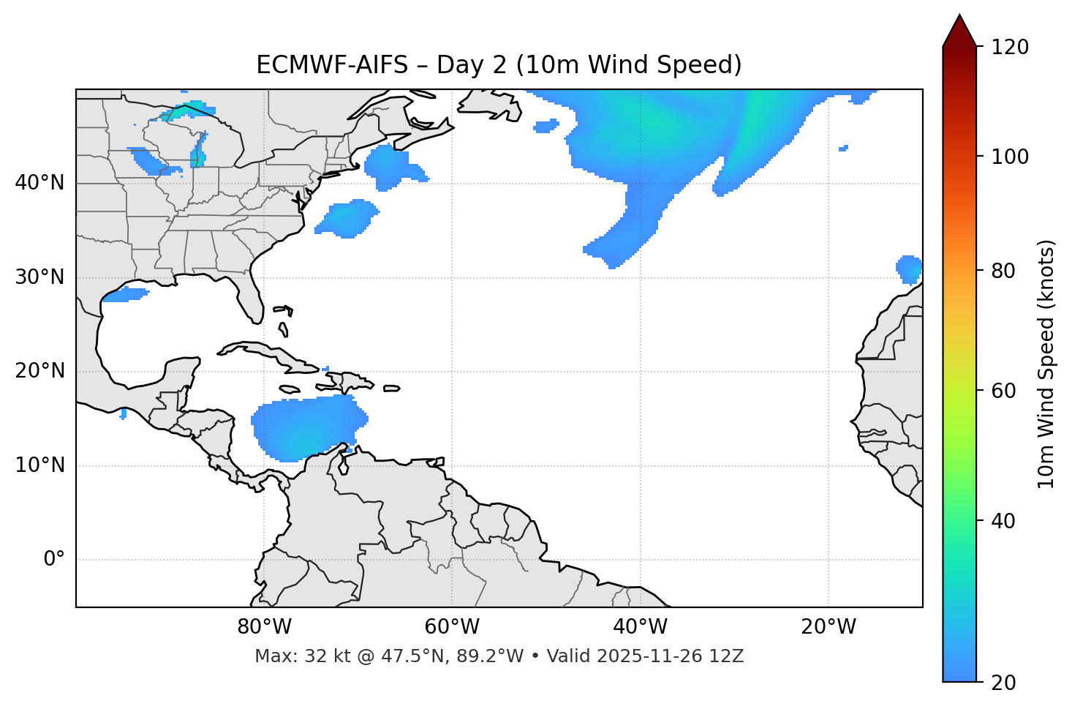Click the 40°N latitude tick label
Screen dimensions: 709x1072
(x=39, y=183)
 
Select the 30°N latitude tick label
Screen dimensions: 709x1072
(x=39, y=277)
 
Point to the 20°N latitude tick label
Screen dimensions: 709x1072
(x=39, y=371)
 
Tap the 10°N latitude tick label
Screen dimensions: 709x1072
(x=39, y=465)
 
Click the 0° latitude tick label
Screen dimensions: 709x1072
(x=54, y=560)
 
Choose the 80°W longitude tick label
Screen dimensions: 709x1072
(x=264, y=627)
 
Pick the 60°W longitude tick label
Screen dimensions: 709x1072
(x=452, y=627)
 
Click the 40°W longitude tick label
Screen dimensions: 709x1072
(x=641, y=627)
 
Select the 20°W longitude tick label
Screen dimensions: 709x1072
(x=828, y=627)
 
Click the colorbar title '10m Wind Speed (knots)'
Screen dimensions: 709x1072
(x=1046, y=364)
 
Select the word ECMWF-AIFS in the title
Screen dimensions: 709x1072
(x=331, y=65)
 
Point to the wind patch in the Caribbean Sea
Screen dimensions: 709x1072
(x=307, y=428)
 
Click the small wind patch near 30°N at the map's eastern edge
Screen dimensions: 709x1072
(x=910, y=269)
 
